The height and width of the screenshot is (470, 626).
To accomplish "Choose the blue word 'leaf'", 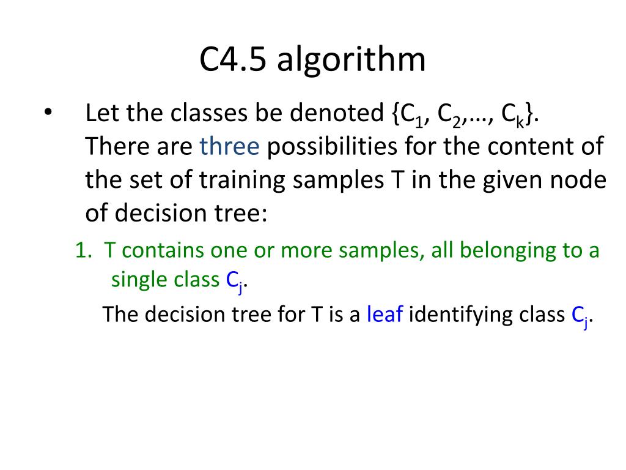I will pyautogui.click(x=385, y=314).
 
